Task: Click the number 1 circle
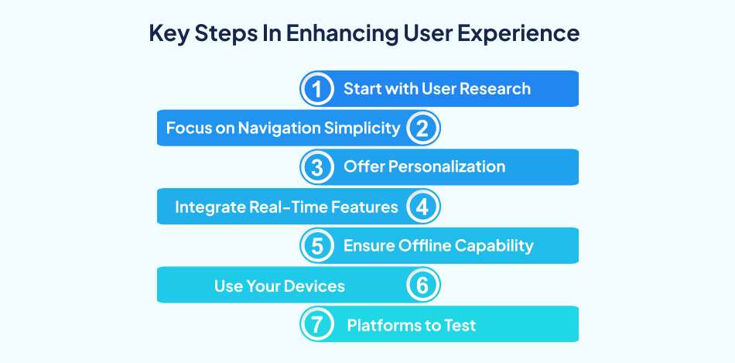pyautogui.click(x=316, y=88)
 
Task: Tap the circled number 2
pyautogui.click(x=422, y=128)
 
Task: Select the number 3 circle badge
pyautogui.click(x=316, y=167)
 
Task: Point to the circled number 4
pyautogui.click(x=422, y=207)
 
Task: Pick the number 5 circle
pyautogui.click(x=316, y=246)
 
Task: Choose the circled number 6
pyautogui.click(x=422, y=286)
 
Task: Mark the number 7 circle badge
pyautogui.click(x=316, y=325)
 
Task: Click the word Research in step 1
pyautogui.click(x=495, y=88)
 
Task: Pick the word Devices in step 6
pyautogui.click(x=314, y=286)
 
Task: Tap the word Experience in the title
pyautogui.click(x=525, y=35)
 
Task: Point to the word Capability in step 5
pyautogui.click(x=495, y=246)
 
